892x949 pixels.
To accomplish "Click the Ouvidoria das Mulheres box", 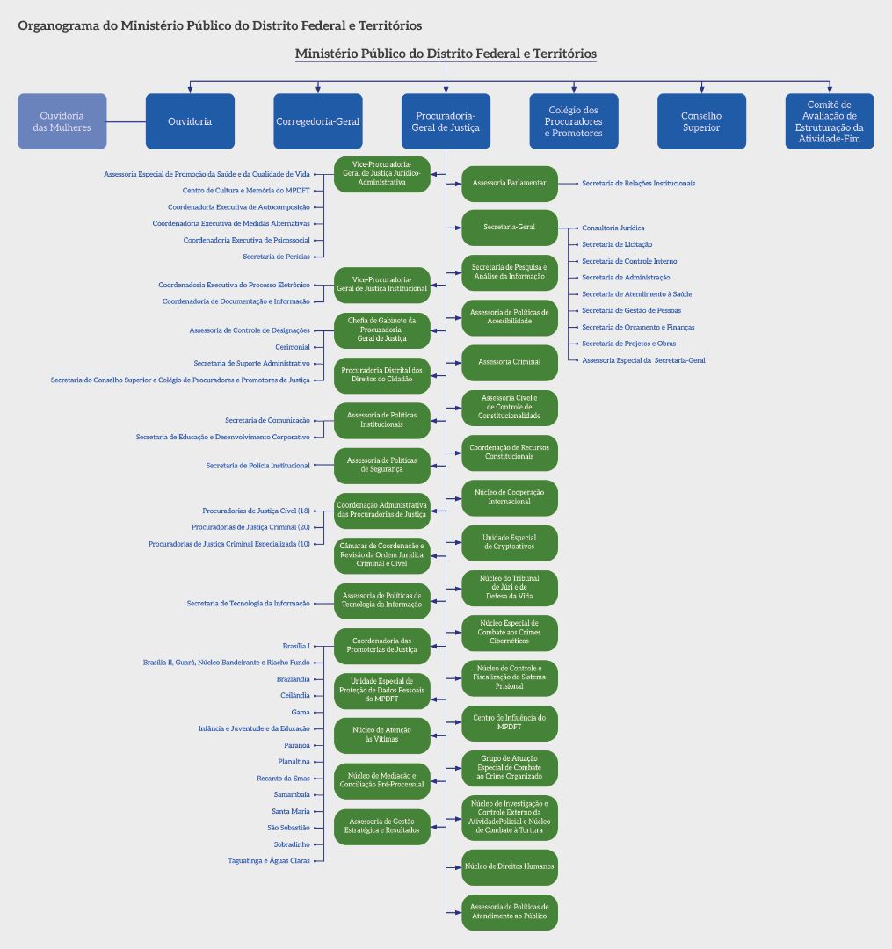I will (x=62, y=121).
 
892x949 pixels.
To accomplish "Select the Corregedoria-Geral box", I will (x=317, y=121).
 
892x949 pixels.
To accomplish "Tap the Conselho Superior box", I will (x=701, y=121).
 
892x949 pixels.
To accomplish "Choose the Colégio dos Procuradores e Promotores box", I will (x=573, y=121).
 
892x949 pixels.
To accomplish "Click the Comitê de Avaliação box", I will (x=830, y=121).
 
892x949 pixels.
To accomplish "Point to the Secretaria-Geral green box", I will (x=510, y=228).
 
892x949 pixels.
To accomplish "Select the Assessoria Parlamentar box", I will (x=510, y=184).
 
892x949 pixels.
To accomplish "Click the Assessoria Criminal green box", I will (x=510, y=362).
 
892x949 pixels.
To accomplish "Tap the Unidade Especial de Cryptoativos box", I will (x=510, y=542).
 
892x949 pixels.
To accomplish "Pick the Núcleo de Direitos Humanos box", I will (x=510, y=866).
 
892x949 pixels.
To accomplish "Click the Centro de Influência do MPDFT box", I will (x=510, y=722).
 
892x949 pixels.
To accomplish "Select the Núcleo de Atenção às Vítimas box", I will (x=381, y=735).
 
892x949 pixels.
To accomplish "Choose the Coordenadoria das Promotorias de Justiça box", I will (x=381, y=645).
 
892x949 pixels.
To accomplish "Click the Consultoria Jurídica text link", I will (x=613, y=228).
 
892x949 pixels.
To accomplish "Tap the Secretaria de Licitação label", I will (x=617, y=244).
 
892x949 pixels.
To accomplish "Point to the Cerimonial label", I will (x=293, y=347).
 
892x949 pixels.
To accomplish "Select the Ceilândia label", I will (x=294, y=695).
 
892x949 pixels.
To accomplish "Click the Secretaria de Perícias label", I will (x=276, y=257).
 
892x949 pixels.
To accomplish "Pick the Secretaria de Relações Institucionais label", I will (x=638, y=184).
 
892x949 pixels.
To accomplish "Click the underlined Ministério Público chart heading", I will (x=446, y=54).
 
